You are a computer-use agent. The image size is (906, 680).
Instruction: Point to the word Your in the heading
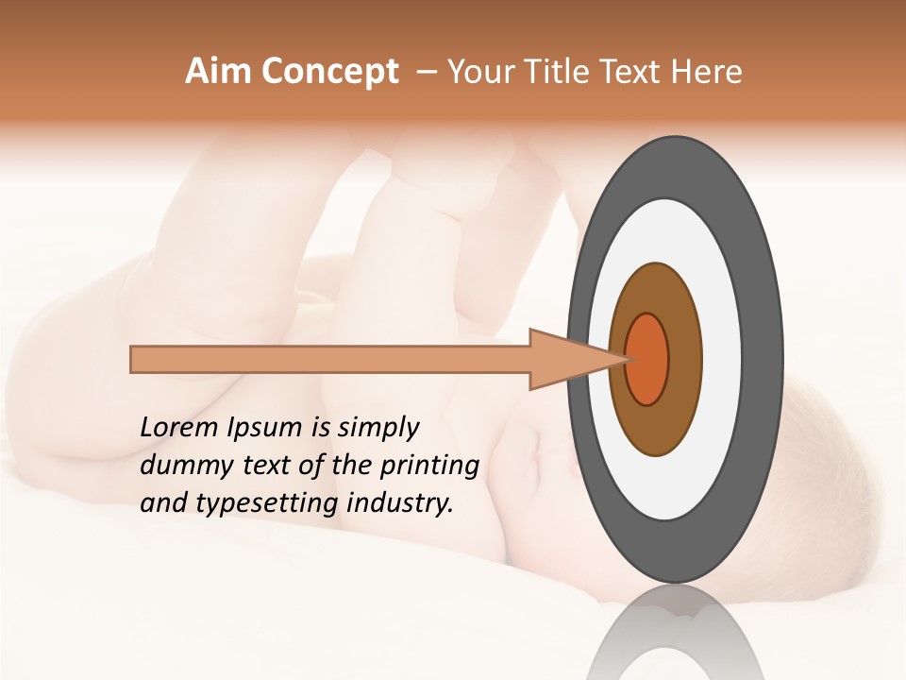(480, 72)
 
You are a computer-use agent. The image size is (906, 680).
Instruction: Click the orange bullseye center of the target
(648, 359)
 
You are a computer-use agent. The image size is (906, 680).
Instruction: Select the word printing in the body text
(429, 467)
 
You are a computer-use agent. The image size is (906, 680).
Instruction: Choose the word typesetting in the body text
(249, 504)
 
